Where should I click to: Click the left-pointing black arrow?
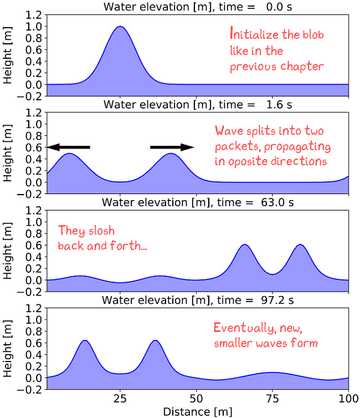68,147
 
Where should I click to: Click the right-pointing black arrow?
172,147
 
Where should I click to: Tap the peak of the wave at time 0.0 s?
121,27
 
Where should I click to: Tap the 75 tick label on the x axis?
272,399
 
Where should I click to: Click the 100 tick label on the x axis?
348,399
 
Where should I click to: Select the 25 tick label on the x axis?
121,399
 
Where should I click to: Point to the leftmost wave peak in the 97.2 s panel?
85,341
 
